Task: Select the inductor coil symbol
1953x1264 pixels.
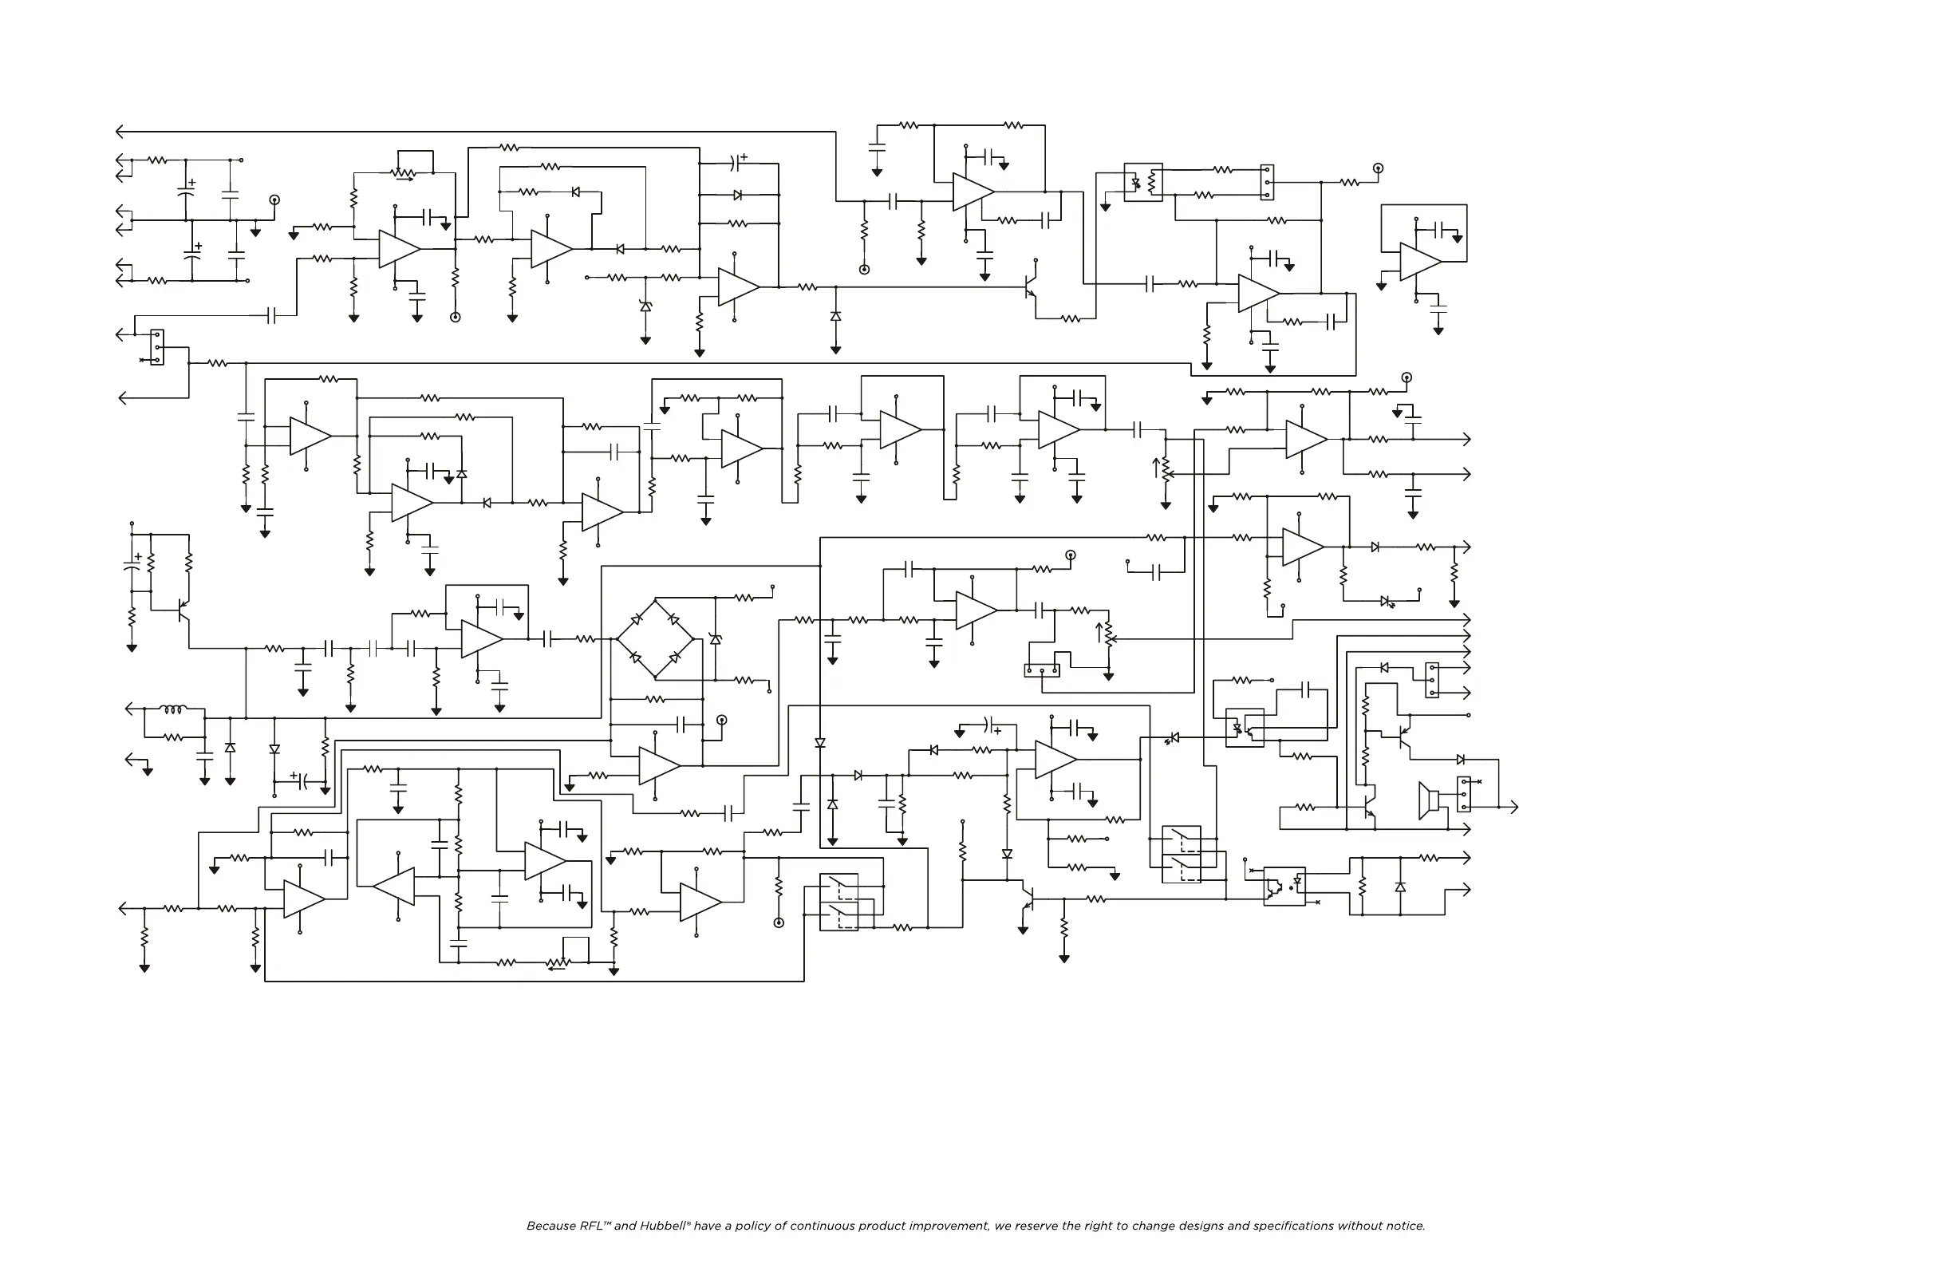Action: click(173, 709)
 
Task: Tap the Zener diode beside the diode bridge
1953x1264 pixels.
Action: click(716, 638)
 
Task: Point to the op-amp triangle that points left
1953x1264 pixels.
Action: click(395, 886)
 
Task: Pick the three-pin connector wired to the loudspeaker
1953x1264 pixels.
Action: click(1463, 795)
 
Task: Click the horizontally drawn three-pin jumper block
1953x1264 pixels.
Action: click(1042, 670)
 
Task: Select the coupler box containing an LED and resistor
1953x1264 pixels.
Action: click(1143, 182)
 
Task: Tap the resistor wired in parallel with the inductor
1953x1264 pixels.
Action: click(173, 737)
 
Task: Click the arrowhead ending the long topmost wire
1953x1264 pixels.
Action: click(120, 132)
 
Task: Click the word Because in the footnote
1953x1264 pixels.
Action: click(550, 1226)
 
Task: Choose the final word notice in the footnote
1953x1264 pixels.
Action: click(1405, 1226)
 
